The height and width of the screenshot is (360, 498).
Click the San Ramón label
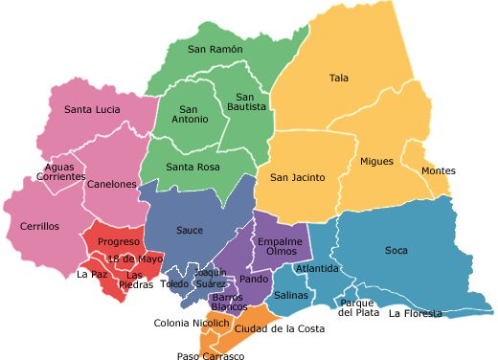point(215,49)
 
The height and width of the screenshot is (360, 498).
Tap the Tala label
point(339,79)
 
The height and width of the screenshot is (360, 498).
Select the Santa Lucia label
point(92,110)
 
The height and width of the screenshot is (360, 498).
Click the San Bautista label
point(245,102)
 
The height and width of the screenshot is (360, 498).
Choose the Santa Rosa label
point(193,168)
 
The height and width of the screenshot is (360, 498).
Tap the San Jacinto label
point(297,177)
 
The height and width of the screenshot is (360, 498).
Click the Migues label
point(376,162)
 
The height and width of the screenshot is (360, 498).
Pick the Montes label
point(438,171)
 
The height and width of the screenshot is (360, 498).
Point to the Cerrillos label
point(39,227)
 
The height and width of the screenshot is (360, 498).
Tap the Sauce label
point(190,231)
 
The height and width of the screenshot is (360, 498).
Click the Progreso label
point(120,242)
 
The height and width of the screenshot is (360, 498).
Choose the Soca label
point(396,251)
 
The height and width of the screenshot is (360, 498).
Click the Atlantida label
point(317,269)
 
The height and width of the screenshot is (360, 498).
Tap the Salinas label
point(291,297)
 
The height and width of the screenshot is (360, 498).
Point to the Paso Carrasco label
point(211,355)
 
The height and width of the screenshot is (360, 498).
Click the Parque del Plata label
point(357,308)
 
